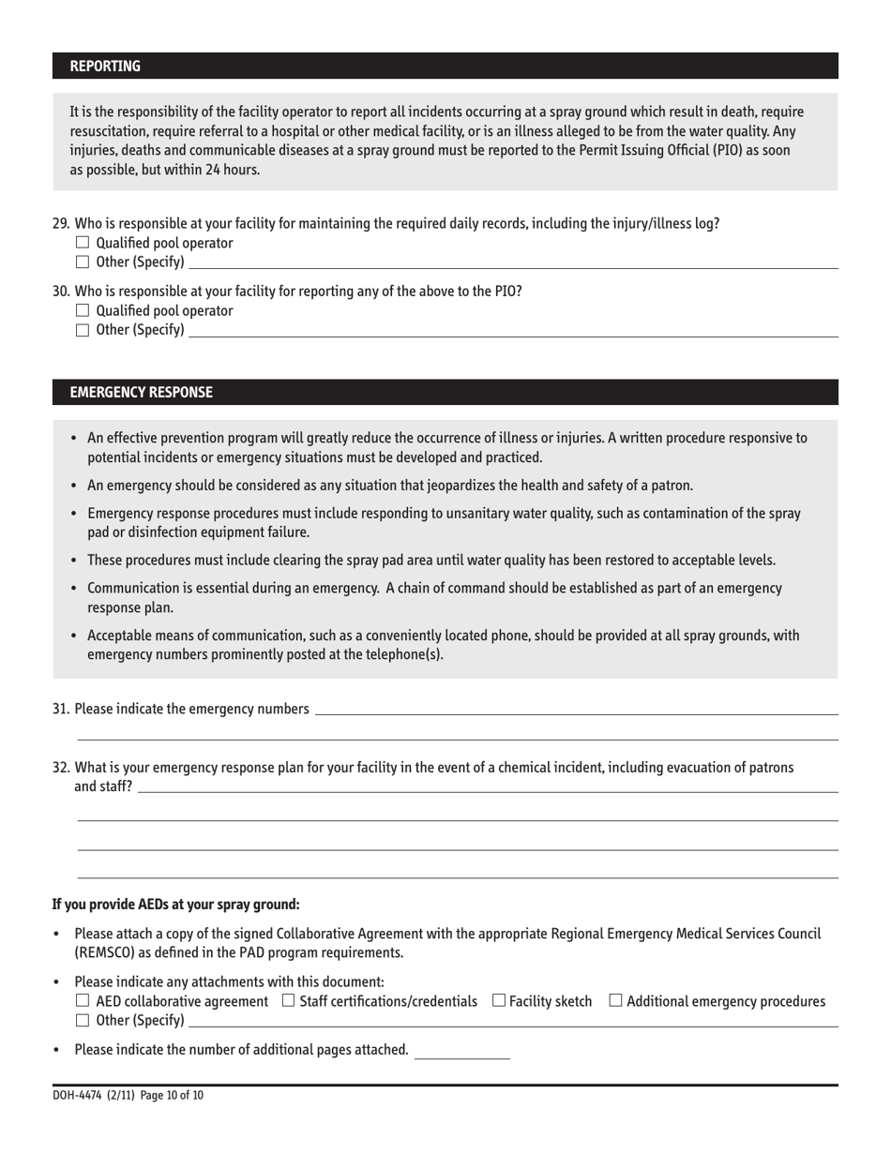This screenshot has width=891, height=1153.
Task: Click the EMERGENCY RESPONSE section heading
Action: tap(141, 392)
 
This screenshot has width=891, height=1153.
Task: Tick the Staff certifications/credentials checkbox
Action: tap(289, 1001)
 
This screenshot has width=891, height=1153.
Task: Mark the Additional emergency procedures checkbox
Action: tap(615, 1001)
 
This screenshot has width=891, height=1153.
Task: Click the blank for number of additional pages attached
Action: tap(461, 1051)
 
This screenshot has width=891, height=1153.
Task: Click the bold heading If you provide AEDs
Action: tap(175, 905)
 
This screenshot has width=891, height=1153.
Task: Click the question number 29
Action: tap(60, 224)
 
